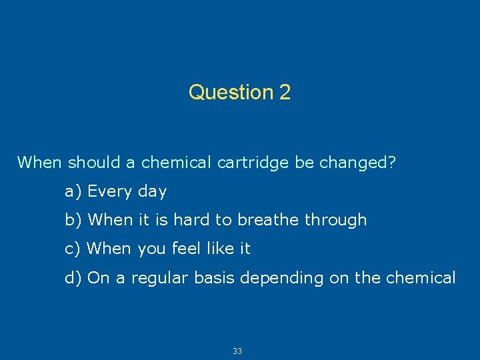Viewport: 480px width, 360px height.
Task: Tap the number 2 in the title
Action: click(x=285, y=92)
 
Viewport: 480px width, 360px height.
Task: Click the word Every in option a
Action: click(x=110, y=192)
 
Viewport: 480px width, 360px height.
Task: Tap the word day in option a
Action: click(x=152, y=193)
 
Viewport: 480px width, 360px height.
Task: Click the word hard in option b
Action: click(x=189, y=220)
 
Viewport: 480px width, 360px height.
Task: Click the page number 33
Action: click(x=237, y=351)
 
